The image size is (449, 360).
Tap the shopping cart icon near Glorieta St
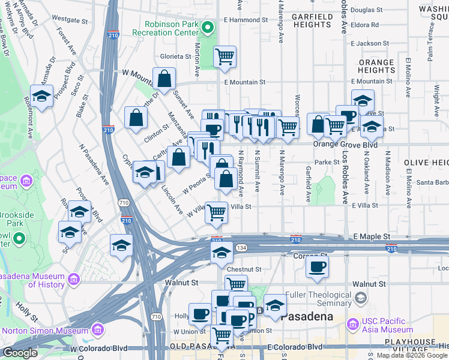tap(224, 57)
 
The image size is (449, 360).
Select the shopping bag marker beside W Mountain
tap(164, 79)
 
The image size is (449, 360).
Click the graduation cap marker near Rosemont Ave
tap(41, 96)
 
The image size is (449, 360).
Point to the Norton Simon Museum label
tap(46, 330)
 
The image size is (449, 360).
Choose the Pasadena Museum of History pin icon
tap(74, 279)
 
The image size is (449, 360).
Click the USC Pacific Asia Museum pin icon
tap(352, 325)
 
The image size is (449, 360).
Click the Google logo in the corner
tap(20, 353)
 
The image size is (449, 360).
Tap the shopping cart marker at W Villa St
tap(216, 211)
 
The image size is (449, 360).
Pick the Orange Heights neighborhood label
tap(376, 66)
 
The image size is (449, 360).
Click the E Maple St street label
tap(368, 238)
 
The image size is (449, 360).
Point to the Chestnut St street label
tap(241, 269)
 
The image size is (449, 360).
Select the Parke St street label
tap(328, 162)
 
